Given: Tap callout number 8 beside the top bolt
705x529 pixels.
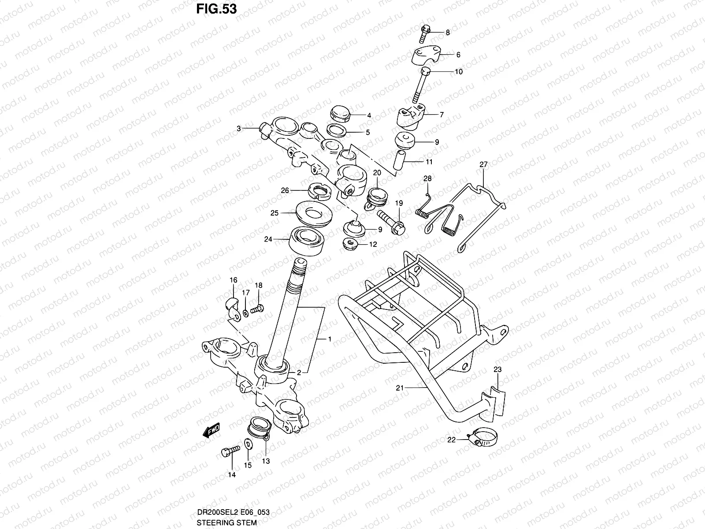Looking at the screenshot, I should (448, 32).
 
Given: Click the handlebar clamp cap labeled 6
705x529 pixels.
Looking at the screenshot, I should (427, 56).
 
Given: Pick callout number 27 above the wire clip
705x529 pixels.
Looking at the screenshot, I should (483, 164).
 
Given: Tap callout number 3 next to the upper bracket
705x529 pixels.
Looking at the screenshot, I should (238, 128).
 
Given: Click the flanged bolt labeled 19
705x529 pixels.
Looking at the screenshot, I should (392, 222).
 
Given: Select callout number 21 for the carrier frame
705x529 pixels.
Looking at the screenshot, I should (400, 388).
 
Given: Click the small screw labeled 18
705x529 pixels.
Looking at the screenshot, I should (256, 309).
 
